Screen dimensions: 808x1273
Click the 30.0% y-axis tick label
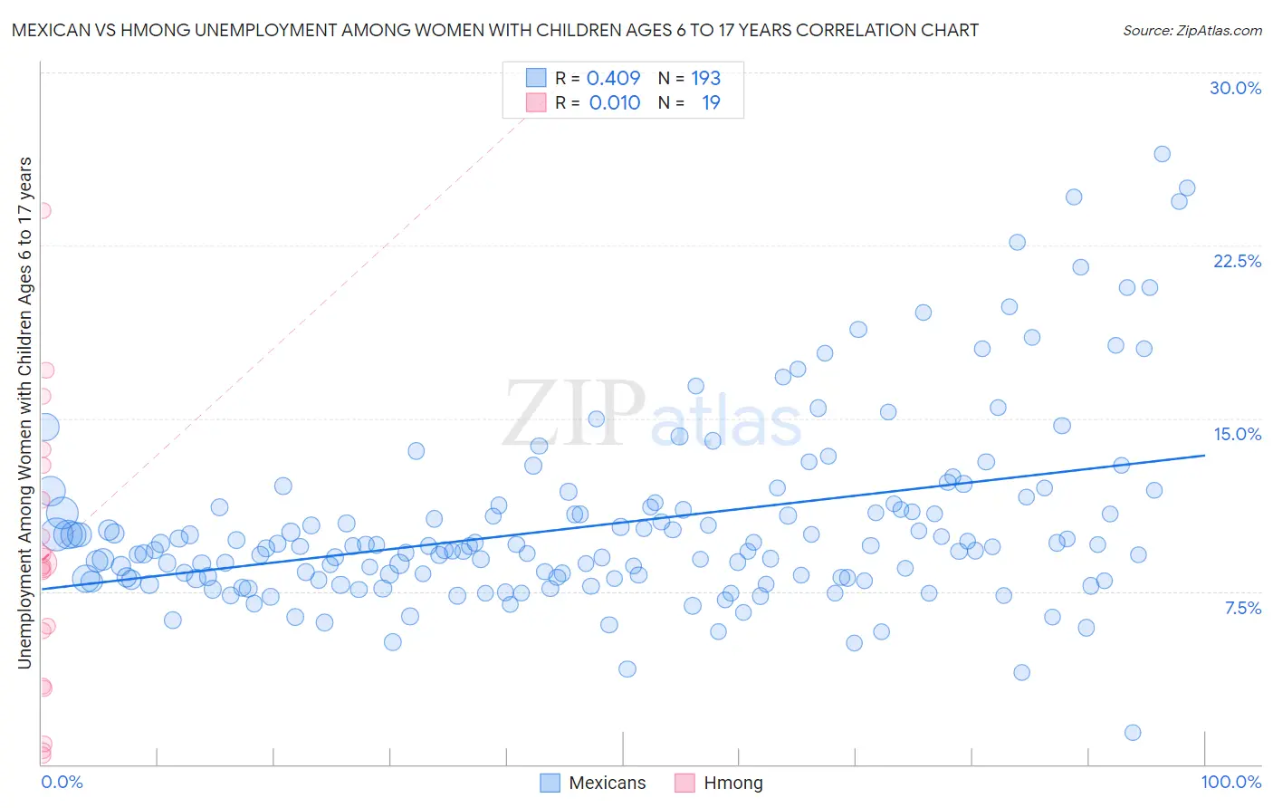1235,88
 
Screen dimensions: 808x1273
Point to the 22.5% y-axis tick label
1237,261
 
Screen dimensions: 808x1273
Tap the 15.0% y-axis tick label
1237,434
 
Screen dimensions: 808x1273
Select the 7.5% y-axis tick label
1242,608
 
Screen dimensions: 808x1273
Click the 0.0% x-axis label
62,782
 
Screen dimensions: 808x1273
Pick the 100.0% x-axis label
1230,782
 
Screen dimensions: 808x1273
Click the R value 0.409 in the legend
613,78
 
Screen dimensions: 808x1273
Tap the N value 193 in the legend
705,78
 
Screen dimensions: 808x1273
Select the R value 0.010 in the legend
614,102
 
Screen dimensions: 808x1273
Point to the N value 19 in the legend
711,102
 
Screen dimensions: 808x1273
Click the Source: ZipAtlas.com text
1192,30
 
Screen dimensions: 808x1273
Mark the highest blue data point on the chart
1162,154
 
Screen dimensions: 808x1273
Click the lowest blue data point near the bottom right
1132,732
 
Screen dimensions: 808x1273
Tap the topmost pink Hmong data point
42,210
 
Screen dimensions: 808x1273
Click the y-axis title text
24,412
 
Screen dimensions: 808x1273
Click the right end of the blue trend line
1204,455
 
